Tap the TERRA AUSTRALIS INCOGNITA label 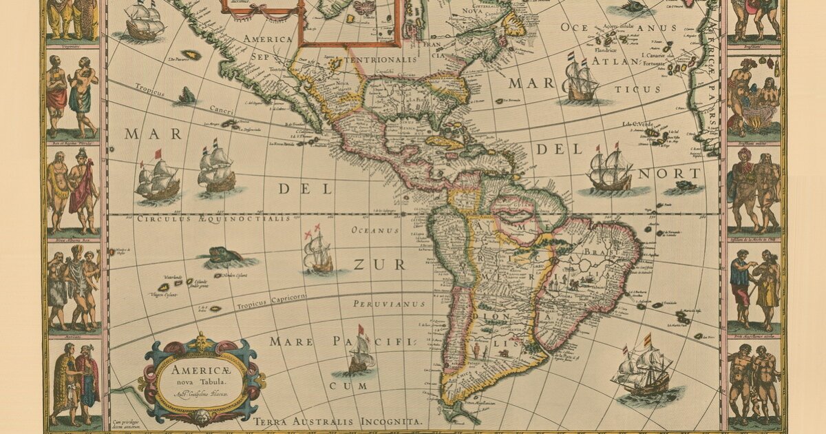pos(337,420)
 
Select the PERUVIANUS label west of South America pos(385,303)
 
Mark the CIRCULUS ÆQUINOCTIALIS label pos(213,219)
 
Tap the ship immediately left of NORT pos(609,169)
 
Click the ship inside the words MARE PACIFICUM pos(360,353)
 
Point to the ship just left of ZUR pos(318,251)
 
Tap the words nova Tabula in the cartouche pos(200,382)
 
